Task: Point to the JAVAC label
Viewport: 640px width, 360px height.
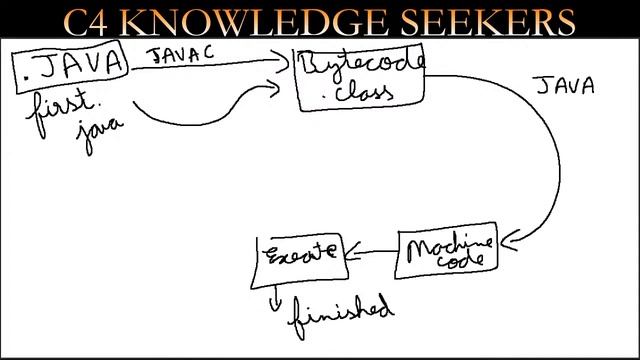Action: point(180,54)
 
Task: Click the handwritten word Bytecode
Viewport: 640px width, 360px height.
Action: point(362,64)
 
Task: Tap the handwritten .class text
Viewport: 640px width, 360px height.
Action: point(358,93)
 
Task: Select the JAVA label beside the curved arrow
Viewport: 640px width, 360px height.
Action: point(565,86)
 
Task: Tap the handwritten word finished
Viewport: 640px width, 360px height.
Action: point(341,315)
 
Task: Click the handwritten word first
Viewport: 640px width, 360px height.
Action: point(61,111)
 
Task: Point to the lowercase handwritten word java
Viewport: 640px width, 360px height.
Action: point(99,133)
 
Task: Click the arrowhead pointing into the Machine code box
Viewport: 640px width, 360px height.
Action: point(509,240)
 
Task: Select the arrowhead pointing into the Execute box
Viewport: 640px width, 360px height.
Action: point(353,251)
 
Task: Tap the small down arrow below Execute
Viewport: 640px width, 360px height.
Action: point(275,299)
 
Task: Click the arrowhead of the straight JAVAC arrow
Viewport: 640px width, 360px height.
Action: point(282,62)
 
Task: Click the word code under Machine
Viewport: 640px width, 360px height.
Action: point(460,260)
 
